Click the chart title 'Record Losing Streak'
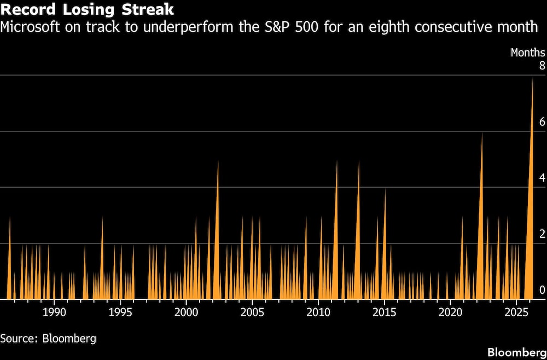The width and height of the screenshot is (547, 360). [88, 9]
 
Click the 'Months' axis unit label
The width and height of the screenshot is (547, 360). [527, 53]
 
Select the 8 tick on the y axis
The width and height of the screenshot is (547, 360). [542, 66]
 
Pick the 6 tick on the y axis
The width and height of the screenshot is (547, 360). [542, 122]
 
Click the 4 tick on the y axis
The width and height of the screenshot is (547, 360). [542, 178]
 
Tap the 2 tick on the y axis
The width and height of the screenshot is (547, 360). [542, 234]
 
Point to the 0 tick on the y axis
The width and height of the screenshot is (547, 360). [542, 290]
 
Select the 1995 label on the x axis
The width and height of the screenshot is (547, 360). [120, 313]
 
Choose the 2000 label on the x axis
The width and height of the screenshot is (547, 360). [186, 313]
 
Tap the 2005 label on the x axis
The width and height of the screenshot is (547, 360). [252, 313]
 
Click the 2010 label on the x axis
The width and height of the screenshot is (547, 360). [318, 313]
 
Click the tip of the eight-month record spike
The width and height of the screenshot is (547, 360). [533, 78]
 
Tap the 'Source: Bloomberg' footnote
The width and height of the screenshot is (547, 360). [48, 338]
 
